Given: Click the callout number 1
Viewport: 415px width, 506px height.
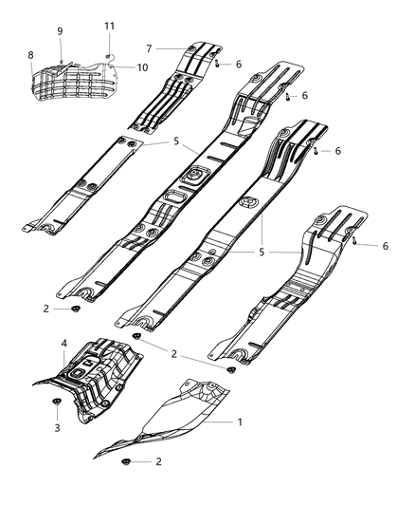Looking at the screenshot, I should click(239, 422).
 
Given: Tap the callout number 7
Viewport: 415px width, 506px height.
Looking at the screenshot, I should click(149, 47).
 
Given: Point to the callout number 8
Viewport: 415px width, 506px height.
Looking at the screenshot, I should click(30, 56).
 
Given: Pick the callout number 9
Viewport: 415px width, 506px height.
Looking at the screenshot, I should click(60, 31).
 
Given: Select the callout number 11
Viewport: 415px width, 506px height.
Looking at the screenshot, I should click(109, 25).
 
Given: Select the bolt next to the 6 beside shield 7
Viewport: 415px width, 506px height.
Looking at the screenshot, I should click(217, 64).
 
